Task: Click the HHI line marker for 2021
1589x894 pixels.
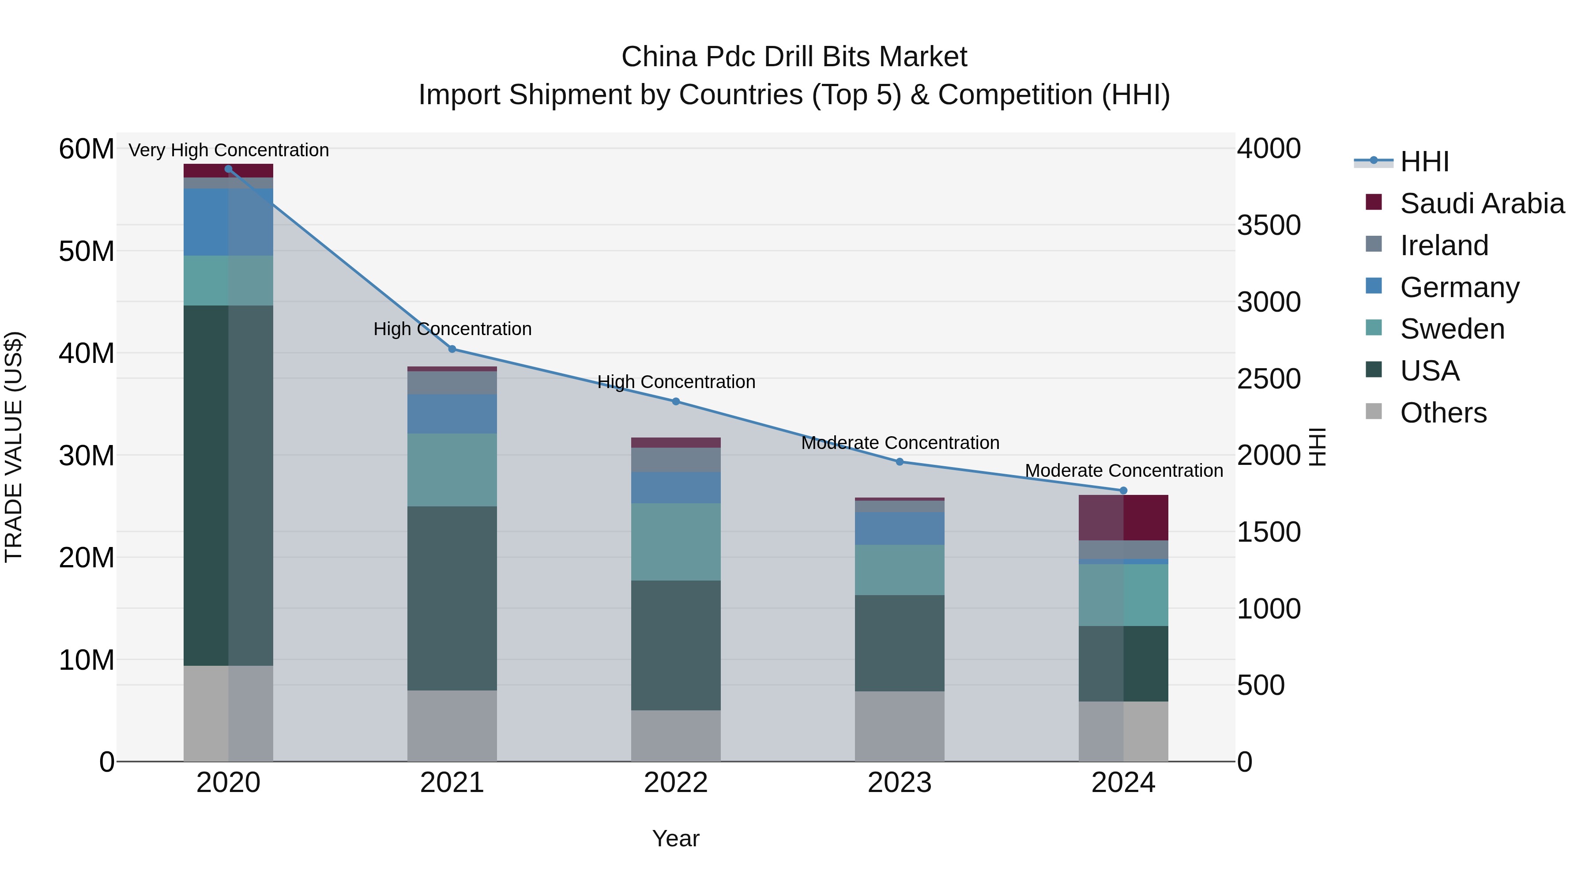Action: pos(452,349)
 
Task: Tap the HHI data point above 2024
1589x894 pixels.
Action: pos(1123,490)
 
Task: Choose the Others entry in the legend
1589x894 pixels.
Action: pos(1443,413)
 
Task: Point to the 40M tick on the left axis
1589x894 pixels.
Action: pos(87,354)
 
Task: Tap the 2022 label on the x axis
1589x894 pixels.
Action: pos(675,783)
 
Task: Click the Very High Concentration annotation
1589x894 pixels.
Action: pos(229,150)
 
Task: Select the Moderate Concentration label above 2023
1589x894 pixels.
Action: pos(900,443)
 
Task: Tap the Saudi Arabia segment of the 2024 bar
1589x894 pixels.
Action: pos(1123,518)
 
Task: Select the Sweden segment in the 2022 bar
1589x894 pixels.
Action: pos(675,542)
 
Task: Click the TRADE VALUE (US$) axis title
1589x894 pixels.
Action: pos(14,447)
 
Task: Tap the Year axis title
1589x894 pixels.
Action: pos(675,838)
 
